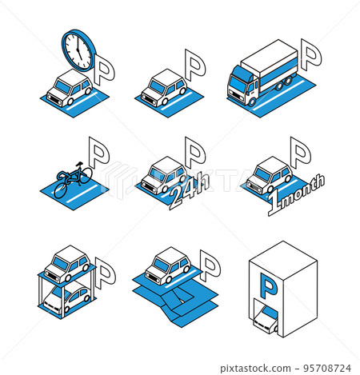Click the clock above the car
pyautogui.click(x=78, y=50)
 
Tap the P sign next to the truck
pyautogui.click(x=311, y=55)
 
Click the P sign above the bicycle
pyautogui.click(x=98, y=149)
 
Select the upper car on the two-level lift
pyautogui.click(x=66, y=261)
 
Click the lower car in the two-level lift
pyautogui.click(x=66, y=299)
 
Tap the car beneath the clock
pyautogui.click(x=69, y=89)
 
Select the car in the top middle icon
pyautogui.click(x=165, y=88)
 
